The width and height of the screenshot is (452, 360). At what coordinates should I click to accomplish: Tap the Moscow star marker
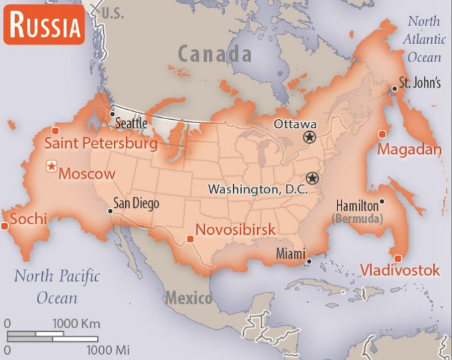(51, 167)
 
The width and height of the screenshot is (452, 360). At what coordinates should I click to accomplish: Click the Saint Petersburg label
(100, 143)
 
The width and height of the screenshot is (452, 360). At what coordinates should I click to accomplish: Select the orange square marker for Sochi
(5, 226)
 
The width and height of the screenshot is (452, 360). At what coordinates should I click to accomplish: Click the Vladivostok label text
(400, 270)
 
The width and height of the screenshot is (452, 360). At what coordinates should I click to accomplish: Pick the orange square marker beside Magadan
(382, 134)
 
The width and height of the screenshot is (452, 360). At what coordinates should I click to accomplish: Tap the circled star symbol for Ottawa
(309, 137)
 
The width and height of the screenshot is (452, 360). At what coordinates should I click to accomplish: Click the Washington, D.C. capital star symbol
(312, 179)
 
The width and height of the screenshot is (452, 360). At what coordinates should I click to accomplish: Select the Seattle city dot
(112, 114)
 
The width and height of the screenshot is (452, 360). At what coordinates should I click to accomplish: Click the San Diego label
(137, 203)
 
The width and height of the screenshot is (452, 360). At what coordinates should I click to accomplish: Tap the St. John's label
(419, 84)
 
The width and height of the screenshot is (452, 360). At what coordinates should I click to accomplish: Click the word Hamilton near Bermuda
(356, 205)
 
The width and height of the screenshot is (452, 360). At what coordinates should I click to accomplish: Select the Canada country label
(215, 53)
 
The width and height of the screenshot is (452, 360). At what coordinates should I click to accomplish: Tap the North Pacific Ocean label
(57, 286)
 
